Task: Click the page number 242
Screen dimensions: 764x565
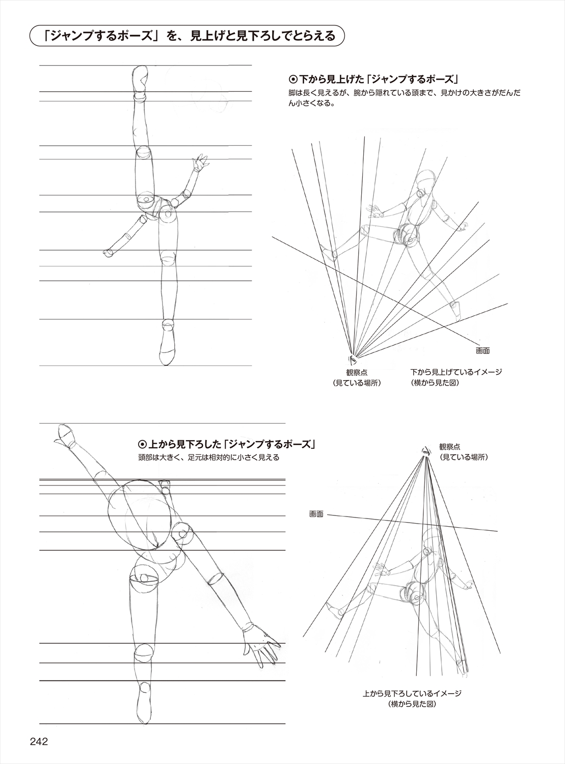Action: pyautogui.click(x=38, y=741)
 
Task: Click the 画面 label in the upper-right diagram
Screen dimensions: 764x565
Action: pyautogui.click(x=483, y=351)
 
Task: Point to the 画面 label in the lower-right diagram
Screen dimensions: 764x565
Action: pyautogui.click(x=316, y=514)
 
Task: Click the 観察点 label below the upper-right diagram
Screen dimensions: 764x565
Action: pyautogui.click(x=357, y=372)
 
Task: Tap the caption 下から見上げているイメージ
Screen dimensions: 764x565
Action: pyautogui.click(x=455, y=372)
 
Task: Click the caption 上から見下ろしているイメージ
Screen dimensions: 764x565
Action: pyautogui.click(x=412, y=693)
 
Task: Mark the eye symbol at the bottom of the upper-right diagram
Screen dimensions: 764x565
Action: pyautogui.click(x=352, y=360)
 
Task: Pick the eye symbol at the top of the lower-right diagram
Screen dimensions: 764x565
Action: pyautogui.click(x=424, y=450)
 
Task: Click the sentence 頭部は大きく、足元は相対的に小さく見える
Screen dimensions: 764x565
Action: pyautogui.click(x=208, y=457)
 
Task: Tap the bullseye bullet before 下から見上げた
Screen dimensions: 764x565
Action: pyautogui.click(x=292, y=79)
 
